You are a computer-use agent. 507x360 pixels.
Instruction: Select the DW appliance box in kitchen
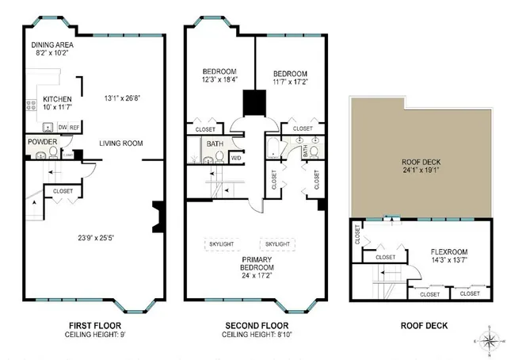61,127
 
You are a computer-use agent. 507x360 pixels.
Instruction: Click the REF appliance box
74,127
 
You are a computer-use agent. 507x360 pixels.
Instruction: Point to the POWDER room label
43,142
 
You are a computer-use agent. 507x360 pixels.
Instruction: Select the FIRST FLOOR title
90,325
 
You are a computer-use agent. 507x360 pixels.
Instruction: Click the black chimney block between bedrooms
254,102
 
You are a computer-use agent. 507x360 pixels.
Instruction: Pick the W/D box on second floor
236,158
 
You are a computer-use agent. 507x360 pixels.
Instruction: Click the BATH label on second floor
215,144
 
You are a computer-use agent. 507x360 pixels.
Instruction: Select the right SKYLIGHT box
278,243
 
